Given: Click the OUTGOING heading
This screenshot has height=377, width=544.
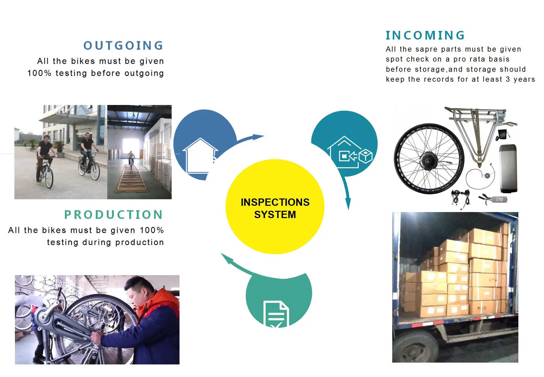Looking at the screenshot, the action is tap(124, 46).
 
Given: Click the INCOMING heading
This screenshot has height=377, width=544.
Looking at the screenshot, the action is tap(425, 36).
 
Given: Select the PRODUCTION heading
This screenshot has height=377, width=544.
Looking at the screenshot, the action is tap(114, 215).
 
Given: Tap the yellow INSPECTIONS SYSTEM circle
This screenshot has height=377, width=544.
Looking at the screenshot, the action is tap(275, 207).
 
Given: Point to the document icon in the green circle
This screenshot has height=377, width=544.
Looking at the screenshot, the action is tap(276, 314).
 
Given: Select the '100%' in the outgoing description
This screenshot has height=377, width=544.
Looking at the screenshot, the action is tap(39, 73).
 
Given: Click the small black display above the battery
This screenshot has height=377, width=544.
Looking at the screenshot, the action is tap(502, 134).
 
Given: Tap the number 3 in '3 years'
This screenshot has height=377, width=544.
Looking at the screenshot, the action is tap(508, 79).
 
